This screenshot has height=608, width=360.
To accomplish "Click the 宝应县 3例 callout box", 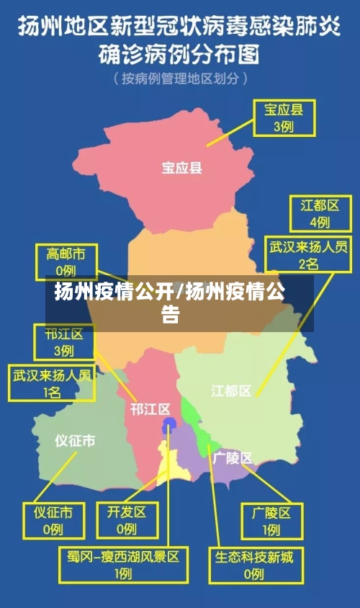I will pos(283,117).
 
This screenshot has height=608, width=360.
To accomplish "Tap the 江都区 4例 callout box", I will pos(315,213).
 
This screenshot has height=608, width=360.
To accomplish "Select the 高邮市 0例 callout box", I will pos(66,261).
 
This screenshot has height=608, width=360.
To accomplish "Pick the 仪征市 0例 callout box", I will pos(53,520).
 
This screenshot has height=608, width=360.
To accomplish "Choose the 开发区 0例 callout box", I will pos(127,520).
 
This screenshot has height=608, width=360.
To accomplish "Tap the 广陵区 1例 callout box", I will pos(271,521).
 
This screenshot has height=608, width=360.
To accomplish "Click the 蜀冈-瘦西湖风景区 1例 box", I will pos(123,565).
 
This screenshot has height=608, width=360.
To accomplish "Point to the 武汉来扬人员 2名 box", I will pos(308,256).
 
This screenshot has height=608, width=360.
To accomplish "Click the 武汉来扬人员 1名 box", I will pos(51,383).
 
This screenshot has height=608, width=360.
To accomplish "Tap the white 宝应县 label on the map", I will pos(181,168).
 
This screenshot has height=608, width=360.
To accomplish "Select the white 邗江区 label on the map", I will pos(150,409).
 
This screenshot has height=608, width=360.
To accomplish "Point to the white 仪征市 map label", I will pos(75,440).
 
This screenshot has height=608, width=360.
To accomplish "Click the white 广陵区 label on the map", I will pos(233,457).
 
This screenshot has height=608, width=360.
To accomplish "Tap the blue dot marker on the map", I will pos(168,424).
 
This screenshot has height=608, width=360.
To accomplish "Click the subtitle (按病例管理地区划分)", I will pos(180,78).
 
